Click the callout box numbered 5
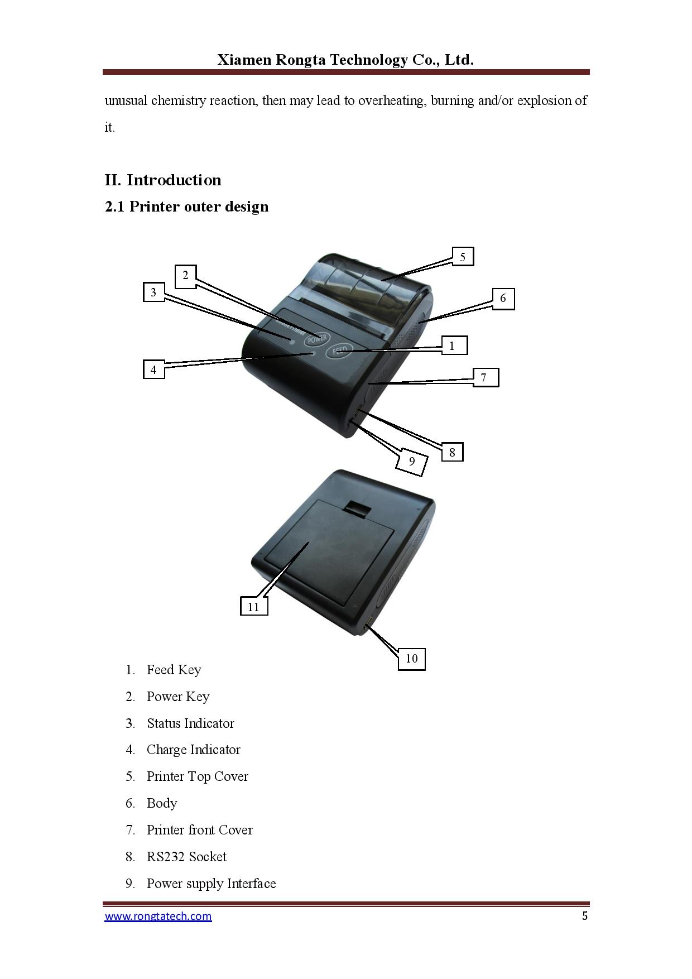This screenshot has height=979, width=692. (x=462, y=257)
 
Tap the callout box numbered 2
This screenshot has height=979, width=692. (x=186, y=275)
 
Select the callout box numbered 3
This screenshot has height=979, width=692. (x=153, y=292)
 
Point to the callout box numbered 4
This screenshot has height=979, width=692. (x=153, y=369)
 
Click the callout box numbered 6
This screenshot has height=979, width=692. (x=503, y=299)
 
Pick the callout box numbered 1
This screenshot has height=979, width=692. (x=452, y=346)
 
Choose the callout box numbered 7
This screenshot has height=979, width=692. (x=484, y=378)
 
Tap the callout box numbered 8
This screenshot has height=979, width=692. (x=452, y=452)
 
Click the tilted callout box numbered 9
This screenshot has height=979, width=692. (x=412, y=461)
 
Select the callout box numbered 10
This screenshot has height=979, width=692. (x=411, y=659)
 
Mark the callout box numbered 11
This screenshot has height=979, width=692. (x=254, y=607)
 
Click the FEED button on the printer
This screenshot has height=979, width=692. (x=339, y=351)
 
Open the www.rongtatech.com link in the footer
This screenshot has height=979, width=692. (x=158, y=916)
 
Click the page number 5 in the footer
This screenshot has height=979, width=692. (x=584, y=916)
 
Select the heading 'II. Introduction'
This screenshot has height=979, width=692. (x=163, y=180)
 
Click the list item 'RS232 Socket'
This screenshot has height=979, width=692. (x=186, y=857)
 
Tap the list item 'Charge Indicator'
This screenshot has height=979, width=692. (x=193, y=750)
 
